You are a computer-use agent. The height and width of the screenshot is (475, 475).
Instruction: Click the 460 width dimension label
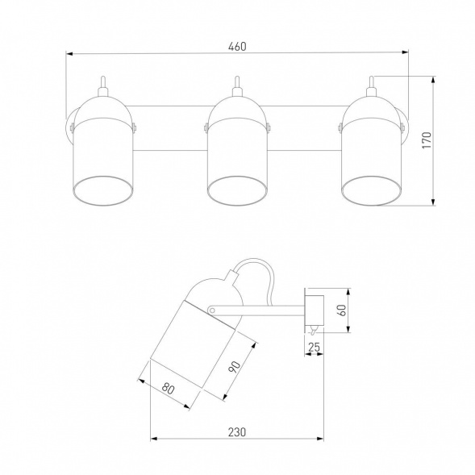237,46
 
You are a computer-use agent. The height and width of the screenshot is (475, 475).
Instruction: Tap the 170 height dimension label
427,140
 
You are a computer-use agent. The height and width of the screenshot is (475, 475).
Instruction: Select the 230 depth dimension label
237,432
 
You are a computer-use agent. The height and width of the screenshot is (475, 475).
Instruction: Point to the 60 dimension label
342,310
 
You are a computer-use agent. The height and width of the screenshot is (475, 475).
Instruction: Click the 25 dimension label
314,347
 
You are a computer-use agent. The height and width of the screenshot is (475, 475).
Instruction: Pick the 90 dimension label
235,367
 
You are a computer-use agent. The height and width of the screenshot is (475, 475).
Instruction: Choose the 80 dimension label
168,389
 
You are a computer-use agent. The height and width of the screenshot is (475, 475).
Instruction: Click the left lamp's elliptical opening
103,190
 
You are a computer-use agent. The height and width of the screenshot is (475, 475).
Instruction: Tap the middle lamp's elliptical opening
237,190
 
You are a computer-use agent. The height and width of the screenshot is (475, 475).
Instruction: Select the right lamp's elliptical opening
372,190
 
